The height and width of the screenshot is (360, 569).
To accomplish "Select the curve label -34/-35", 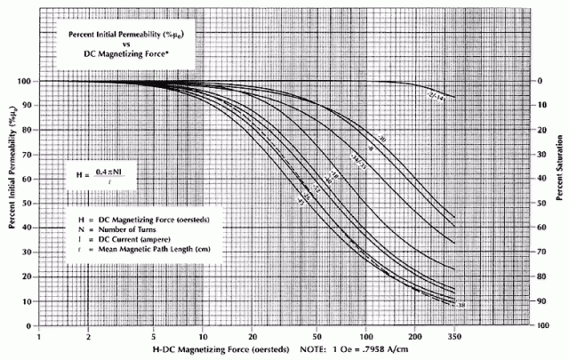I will (x=356, y=164).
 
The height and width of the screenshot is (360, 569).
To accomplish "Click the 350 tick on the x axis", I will (x=455, y=338).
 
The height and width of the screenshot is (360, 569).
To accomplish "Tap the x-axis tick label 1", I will (x=39, y=338).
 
